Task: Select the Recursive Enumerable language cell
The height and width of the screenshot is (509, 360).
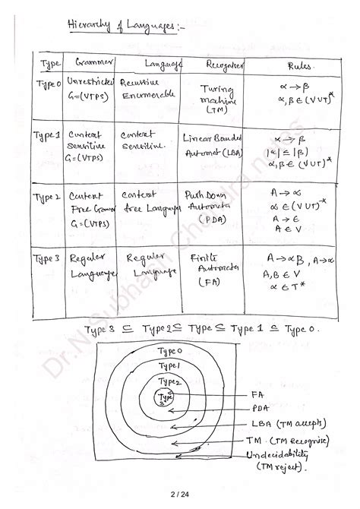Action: (144, 88)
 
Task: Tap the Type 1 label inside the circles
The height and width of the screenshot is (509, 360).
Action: (169, 365)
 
